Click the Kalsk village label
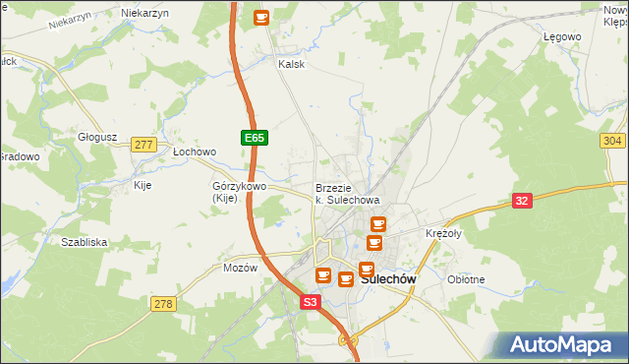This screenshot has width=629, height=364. tap(292, 65)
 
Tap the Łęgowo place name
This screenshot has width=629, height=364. tap(562, 36)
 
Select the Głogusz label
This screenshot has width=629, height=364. tap(97, 138)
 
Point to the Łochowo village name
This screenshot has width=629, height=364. tap(194, 152)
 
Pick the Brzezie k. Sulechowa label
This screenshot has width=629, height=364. tap(341, 194)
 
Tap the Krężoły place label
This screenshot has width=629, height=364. tap(443, 234)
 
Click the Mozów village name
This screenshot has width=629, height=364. tap(240, 268)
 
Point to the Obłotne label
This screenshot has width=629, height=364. tap(466, 279)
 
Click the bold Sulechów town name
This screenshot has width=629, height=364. tap(388, 279)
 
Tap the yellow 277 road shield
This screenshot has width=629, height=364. tap(144, 145)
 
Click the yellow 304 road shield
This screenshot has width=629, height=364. tap(611, 142)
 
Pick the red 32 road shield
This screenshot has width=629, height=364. tap(524, 201)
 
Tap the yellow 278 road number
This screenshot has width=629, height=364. tap(163, 304)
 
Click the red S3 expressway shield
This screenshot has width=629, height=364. tap(311, 304)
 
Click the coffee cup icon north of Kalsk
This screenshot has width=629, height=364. tap(260, 17)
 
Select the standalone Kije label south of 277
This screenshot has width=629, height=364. tap(143, 185)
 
